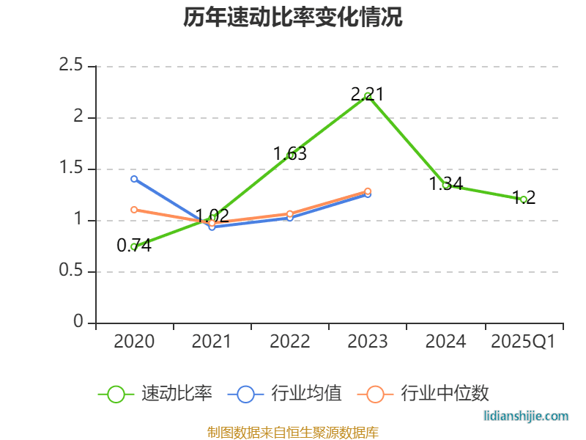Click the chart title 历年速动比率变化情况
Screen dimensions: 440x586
pyautogui.click(x=293, y=18)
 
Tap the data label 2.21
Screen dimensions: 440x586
pyautogui.click(x=368, y=95)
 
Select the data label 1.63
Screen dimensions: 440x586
pyautogui.click(x=290, y=154)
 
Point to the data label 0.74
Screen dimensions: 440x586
pyautogui.click(x=134, y=246)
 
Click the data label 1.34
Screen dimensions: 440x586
pyautogui.click(x=445, y=184)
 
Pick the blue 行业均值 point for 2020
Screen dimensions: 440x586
pyautogui.click(x=134, y=179)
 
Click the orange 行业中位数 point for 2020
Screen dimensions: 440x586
pyautogui.click(x=134, y=210)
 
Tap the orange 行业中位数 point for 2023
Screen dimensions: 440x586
pyautogui.click(x=368, y=191)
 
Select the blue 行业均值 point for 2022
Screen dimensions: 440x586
pyautogui.click(x=290, y=218)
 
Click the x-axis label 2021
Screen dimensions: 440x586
pyautogui.click(x=212, y=342)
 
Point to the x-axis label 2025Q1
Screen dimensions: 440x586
pyautogui.click(x=523, y=342)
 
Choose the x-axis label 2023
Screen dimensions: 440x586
pyautogui.click(x=368, y=342)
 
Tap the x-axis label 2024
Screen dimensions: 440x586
pyautogui.click(x=445, y=342)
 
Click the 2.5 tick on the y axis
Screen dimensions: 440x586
pyautogui.click(x=71, y=66)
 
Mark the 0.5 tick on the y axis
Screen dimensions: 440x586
pyautogui.click(x=71, y=272)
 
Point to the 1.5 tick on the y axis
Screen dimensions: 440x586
pyautogui.click(x=71, y=169)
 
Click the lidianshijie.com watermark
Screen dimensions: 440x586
pyautogui.click(x=526, y=416)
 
